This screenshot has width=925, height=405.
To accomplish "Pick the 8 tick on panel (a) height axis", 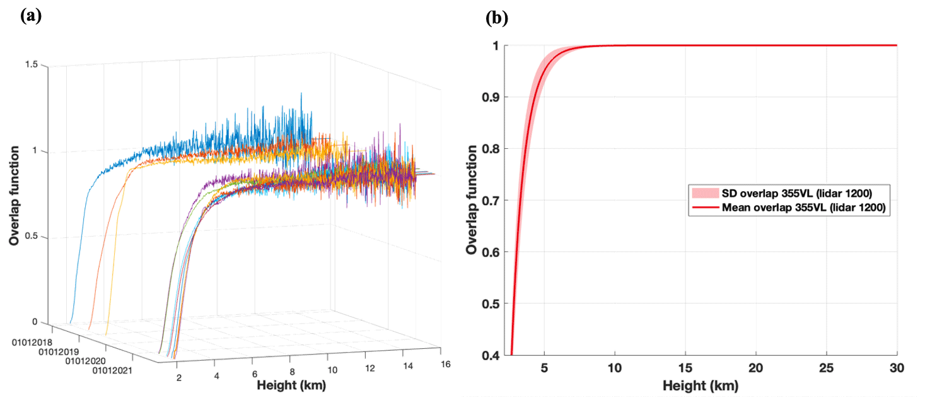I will pyautogui.click(x=292, y=373).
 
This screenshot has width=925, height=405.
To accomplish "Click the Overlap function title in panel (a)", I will pyautogui.click(x=13, y=196).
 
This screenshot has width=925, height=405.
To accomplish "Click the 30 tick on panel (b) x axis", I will pyautogui.click(x=896, y=368).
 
